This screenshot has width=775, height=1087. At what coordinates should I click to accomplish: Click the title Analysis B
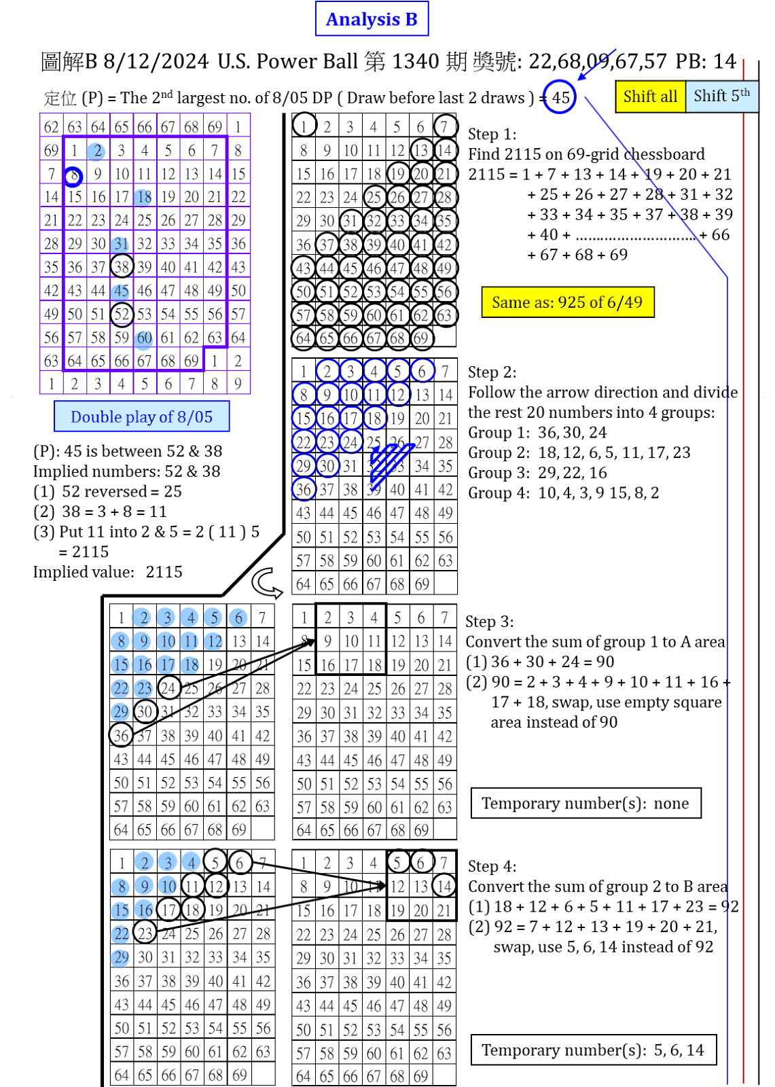(372, 19)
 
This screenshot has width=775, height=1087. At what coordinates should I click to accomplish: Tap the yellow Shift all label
(650, 96)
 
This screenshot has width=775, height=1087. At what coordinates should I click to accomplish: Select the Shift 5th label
(721, 96)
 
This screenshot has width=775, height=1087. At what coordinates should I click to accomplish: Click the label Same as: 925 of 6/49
(567, 302)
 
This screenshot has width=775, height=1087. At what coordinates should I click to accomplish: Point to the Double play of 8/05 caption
(141, 416)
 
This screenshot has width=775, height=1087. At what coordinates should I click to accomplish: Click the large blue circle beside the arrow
(560, 96)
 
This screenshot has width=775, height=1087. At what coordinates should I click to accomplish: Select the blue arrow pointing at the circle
(596, 65)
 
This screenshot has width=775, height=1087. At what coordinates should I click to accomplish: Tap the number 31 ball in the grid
(120, 244)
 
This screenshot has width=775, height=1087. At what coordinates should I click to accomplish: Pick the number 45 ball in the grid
(120, 291)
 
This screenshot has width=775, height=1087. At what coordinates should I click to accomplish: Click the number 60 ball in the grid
(143, 338)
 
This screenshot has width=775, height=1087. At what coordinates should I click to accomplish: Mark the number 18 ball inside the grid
(143, 198)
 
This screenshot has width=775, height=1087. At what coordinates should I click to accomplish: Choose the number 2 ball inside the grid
(96, 152)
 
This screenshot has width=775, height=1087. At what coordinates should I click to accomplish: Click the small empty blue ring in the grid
(73, 177)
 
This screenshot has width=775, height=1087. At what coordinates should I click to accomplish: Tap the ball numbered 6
(238, 618)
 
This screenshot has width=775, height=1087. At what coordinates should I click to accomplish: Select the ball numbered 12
(213, 641)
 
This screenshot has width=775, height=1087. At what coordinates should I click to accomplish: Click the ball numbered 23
(143, 688)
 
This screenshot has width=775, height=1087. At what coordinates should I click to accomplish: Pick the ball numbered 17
(166, 665)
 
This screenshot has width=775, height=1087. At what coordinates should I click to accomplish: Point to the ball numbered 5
(213, 618)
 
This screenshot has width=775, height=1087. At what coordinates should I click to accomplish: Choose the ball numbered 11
(190, 641)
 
